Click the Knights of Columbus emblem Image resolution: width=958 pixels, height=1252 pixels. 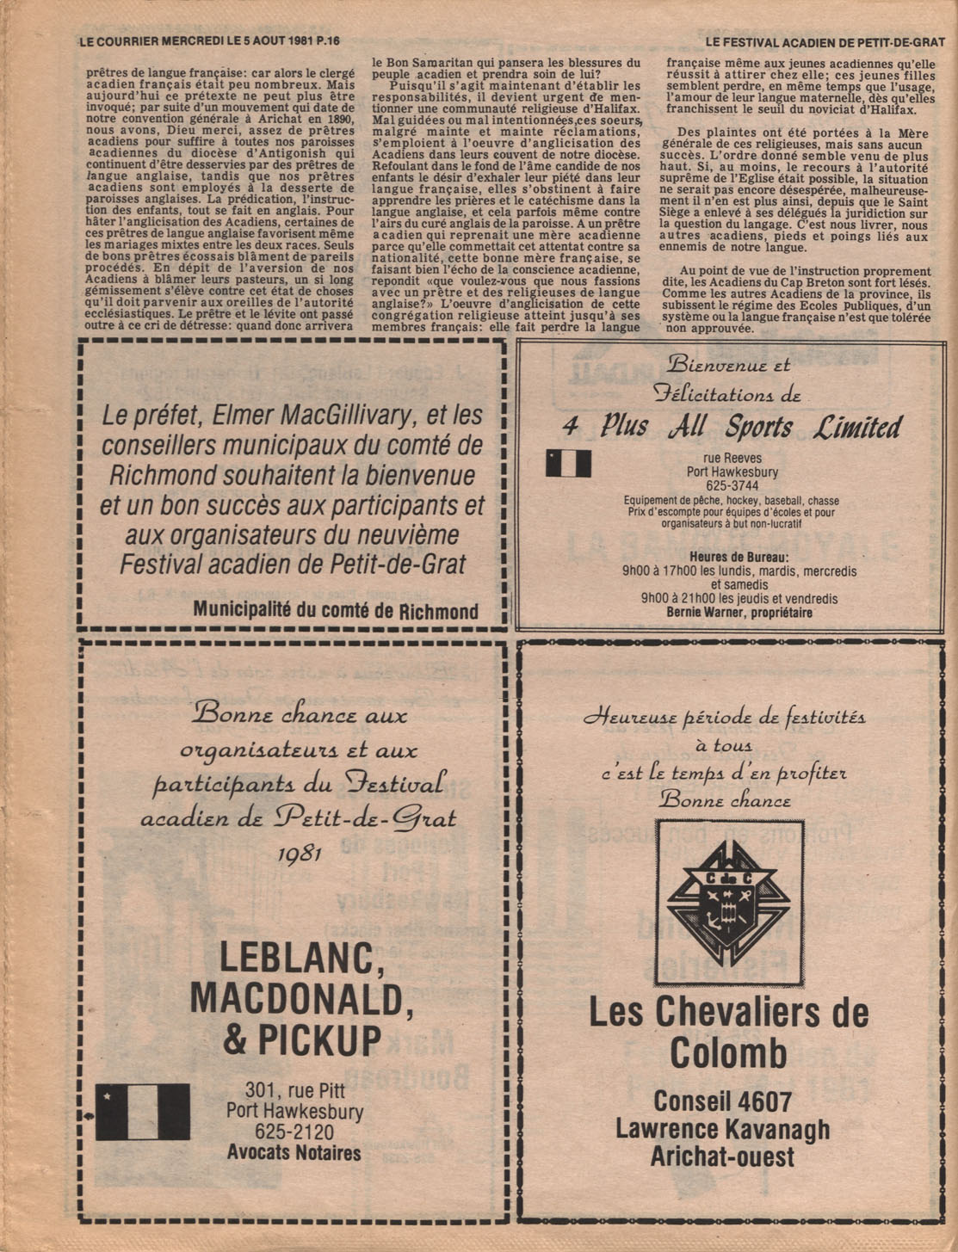tap(729, 901)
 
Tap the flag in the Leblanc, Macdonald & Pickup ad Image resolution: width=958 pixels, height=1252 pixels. tap(142, 1111)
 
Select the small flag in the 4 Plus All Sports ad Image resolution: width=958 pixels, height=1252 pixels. tap(568, 463)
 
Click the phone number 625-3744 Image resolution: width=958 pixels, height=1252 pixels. tap(724, 486)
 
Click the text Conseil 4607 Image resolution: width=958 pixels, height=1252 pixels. tap(722, 1101)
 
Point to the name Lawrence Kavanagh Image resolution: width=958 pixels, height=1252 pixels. tap(722, 1129)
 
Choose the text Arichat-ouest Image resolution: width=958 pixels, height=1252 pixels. tap(722, 1157)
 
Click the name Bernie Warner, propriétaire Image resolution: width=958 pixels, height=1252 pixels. tap(739, 613)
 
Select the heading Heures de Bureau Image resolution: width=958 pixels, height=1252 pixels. tap(739, 556)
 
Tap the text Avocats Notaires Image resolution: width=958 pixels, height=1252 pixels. tap(294, 1153)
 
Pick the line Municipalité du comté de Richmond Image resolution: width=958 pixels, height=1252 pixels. tap(336, 611)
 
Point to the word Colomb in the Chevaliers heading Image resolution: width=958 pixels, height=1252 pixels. tap(728, 1053)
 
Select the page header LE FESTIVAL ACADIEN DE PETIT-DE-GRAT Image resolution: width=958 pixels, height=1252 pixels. tap(825, 41)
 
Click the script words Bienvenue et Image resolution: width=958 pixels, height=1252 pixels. tap(728, 364)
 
